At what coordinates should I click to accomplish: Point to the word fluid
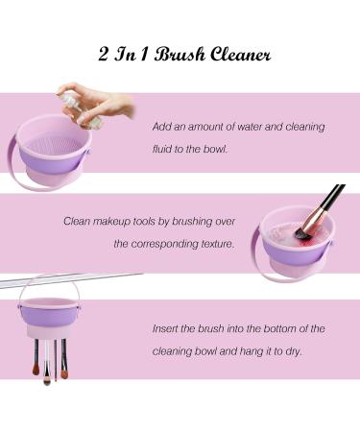[168, 150]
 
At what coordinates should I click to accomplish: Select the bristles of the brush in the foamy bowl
[302, 230]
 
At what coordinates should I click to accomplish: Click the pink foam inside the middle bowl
[288, 230]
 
